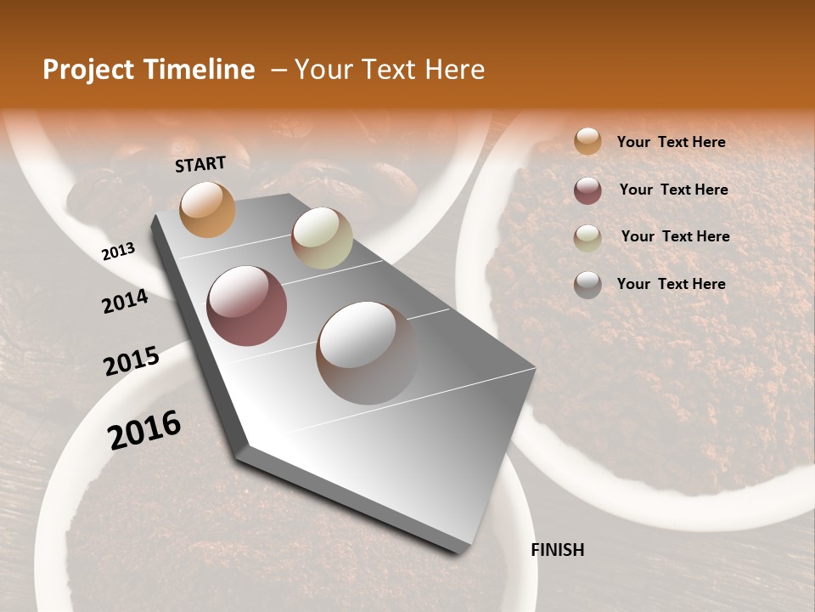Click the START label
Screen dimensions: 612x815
point(200,164)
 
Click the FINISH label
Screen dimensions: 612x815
point(557,550)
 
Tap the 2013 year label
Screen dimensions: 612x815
point(119,252)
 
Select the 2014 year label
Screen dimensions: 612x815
point(125,302)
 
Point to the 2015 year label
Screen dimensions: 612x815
point(132,361)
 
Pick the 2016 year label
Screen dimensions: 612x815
point(144,430)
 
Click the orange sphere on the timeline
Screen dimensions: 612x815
point(208,209)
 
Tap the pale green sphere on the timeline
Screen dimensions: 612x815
point(322,238)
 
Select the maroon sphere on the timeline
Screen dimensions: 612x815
point(247,306)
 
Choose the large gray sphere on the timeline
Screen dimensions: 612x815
point(367,353)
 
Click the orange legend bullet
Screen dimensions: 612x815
point(587,142)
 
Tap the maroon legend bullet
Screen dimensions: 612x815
point(587,190)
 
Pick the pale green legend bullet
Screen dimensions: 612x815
point(587,238)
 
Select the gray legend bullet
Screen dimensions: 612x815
point(587,285)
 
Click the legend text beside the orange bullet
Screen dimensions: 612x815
point(671,142)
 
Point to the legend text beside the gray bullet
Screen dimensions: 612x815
point(671,284)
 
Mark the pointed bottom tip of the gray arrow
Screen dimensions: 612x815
point(463,551)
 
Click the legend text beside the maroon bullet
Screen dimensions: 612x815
point(673,190)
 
